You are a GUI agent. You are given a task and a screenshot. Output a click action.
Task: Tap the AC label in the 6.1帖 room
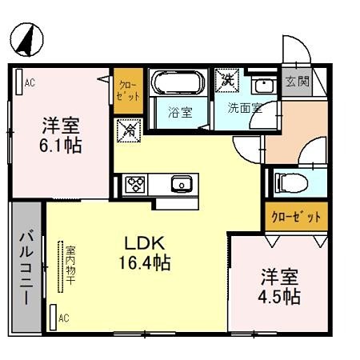(x=29, y=82)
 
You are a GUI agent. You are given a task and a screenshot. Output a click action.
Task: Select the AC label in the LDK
(x=63, y=318)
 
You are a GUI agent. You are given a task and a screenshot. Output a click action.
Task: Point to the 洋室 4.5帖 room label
(x=279, y=286)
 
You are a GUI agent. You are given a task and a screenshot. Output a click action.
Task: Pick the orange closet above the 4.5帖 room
(x=295, y=218)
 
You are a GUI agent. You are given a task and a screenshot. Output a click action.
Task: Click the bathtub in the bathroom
(x=178, y=83)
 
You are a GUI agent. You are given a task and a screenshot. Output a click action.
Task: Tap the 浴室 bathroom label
(x=179, y=112)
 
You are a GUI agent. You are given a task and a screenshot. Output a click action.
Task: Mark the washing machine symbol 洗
(x=227, y=80)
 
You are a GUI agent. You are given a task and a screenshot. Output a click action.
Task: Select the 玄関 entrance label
(x=294, y=82)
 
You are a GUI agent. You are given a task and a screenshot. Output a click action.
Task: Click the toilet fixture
(x=289, y=182)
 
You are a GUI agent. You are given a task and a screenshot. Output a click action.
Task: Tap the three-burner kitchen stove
(x=134, y=185)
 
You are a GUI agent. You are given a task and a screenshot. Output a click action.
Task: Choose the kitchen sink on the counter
(x=181, y=185)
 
